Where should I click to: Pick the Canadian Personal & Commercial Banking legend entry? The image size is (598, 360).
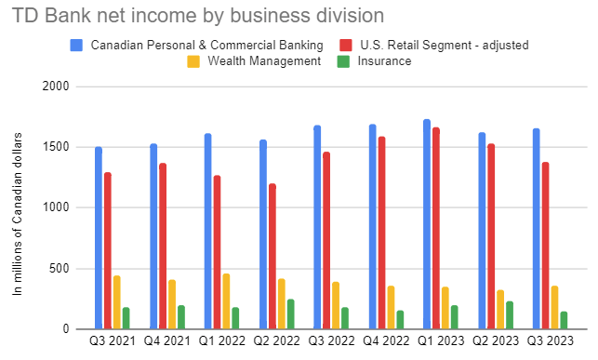point(206,45)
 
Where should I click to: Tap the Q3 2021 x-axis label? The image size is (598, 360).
point(112,340)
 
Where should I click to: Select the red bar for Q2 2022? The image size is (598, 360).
point(272,256)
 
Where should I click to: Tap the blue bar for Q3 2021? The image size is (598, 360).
point(99,237)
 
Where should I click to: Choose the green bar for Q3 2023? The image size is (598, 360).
point(564,320)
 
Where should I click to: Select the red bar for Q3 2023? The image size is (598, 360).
point(546,246)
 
